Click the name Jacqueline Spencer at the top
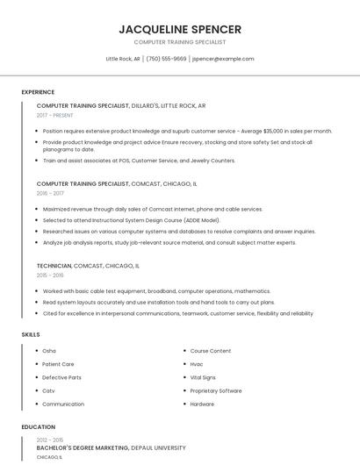point(180,29)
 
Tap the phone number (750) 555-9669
point(167,59)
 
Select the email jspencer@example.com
point(223,59)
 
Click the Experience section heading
point(38,92)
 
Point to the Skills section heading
point(30,334)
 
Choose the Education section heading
point(38,427)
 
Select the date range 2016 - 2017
point(50,193)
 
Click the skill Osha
point(49,351)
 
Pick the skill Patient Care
point(58,364)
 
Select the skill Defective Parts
point(61,377)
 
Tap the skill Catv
point(48,390)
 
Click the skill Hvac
point(197,364)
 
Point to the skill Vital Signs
point(203,377)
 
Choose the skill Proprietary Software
point(216,390)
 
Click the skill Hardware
point(202,404)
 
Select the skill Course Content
point(211,351)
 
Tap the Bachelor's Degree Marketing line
point(111,447)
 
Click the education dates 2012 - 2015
point(50,440)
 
